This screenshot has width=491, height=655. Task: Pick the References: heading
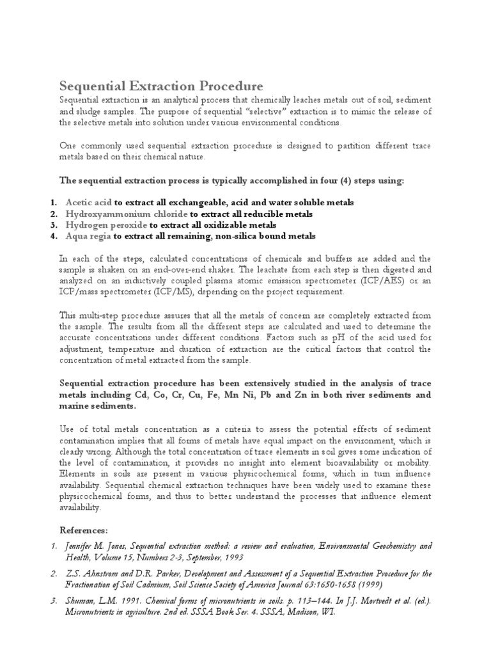click(x=83, y=530)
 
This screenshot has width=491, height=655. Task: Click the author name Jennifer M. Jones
click(x=97, y=546)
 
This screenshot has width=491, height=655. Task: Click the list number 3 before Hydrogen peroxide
click(x=54, y=226)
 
